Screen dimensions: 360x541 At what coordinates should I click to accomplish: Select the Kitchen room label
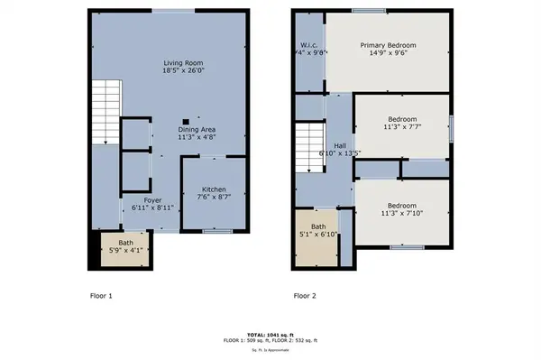click(x=214, y=189)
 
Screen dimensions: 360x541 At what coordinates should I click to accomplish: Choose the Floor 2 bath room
click(x=318, y=232)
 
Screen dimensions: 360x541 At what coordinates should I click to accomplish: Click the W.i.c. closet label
click(x=309, y=45)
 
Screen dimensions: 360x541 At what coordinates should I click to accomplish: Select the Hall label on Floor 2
click(x=339, y=145)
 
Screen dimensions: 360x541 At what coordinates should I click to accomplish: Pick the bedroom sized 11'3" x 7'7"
click(x=402, y=124)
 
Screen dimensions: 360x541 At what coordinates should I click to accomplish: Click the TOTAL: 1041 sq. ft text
click(x=270, y=335)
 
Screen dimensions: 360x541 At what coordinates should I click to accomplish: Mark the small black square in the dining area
click(x=186, y=120)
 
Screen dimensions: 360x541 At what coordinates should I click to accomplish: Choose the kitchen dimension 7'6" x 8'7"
click(x=214, y=197)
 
